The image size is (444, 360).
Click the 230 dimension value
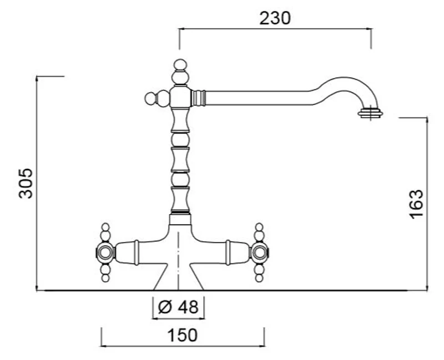275,18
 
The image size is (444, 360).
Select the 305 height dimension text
26,184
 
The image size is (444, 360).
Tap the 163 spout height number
416,204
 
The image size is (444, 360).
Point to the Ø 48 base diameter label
178,307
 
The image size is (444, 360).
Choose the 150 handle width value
183,335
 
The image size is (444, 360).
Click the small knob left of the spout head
150,99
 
